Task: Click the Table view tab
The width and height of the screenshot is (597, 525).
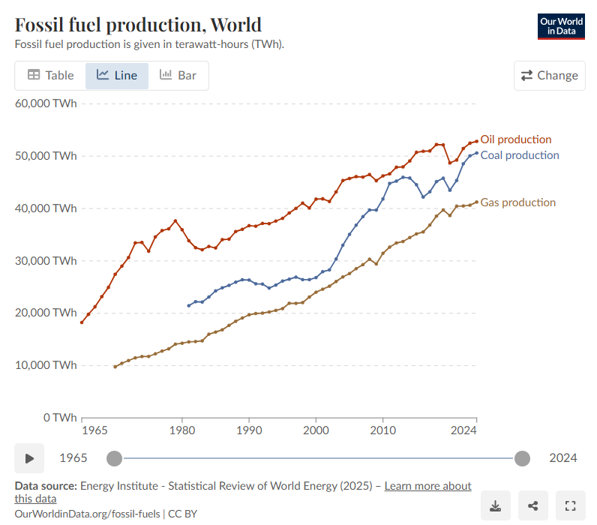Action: point(51,75)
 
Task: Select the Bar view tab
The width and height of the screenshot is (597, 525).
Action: point(178,75)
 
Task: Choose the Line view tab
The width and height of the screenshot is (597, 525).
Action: point(117,75)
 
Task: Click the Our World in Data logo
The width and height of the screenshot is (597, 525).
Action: point(562,26)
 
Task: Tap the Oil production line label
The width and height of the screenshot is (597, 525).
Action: point(515,139)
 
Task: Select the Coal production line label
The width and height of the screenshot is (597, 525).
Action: point(519,155)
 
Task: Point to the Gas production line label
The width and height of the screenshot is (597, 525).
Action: point(517,202)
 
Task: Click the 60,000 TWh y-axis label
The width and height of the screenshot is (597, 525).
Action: point(46,103)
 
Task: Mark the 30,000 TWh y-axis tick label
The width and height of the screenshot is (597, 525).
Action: point(46,261)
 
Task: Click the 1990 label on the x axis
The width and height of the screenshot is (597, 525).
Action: point(249,430)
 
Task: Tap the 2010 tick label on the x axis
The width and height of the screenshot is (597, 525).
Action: point(382,430)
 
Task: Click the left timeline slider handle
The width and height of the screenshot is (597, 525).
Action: point(114,458)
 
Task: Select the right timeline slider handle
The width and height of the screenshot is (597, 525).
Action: point(523,458)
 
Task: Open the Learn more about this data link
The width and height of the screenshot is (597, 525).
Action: point(427,486)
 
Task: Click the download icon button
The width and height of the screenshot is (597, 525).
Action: point(495,505)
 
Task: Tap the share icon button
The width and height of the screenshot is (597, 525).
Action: point(532,505)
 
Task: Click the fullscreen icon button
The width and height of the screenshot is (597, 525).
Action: point(570,505)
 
